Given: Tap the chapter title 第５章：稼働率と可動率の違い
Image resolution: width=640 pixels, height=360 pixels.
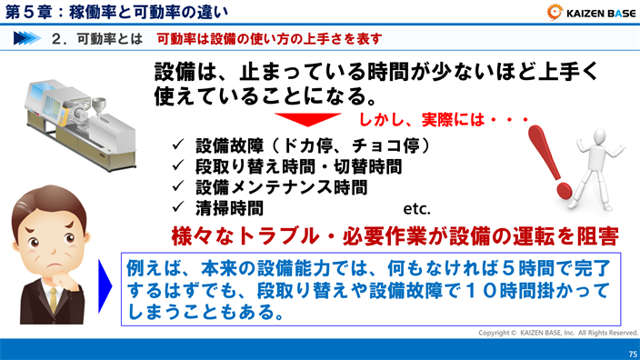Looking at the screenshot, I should (118, 13).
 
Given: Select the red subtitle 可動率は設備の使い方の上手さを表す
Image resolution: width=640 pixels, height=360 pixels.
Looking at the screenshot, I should (269, 39).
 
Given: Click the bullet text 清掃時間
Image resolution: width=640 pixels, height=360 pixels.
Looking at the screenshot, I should (230, 208).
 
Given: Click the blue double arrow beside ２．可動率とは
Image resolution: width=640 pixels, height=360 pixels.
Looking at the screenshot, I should (32, 39).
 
